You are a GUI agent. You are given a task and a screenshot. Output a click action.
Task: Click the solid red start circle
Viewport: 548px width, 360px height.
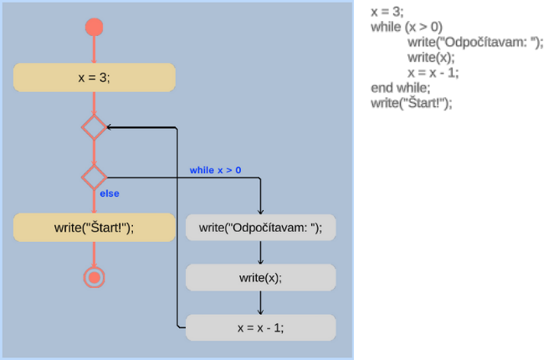click(x=94, y=27)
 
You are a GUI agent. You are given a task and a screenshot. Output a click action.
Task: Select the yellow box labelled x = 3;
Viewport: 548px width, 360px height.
click(x=94, y=77)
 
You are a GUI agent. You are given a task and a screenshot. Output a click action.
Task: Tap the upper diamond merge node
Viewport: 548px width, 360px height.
click(x=94, y=127)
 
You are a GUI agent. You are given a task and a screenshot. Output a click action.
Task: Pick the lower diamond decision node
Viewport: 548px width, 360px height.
click(x=94, y=177)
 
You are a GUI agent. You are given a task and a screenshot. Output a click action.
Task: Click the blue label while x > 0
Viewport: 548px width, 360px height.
click(x=215, y=170)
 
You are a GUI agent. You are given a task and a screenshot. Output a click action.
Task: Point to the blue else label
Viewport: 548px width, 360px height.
click(x=110, y=193)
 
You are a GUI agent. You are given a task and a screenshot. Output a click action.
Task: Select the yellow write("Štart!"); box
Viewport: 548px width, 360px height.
click(x=94, y=227)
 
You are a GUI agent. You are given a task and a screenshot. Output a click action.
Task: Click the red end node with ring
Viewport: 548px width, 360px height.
click(x=94, y=277)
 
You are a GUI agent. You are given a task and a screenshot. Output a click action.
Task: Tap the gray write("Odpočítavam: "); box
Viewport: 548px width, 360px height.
click(x=260, y=227)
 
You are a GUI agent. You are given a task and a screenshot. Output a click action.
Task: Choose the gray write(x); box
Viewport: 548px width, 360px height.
click(x=260, y=277)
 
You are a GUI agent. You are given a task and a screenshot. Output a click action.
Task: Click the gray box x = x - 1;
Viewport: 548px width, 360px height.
click(x=260, y=327)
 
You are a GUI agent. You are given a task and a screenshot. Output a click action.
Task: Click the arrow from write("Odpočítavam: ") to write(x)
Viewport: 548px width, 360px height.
click(x=261, y=252)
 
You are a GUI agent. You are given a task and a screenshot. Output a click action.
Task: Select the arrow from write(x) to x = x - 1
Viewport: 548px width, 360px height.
click(x=261, y=302)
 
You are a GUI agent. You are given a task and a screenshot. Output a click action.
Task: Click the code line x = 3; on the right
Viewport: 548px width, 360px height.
click(x=387, y=12)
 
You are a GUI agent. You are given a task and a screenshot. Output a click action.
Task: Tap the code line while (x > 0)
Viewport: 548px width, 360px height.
click(x=407, y=27)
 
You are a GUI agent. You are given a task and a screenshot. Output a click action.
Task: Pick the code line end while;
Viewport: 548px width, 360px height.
click(x=400, y=87)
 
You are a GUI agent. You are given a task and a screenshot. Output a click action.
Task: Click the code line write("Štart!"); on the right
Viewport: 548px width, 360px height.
click(x=411, y=102)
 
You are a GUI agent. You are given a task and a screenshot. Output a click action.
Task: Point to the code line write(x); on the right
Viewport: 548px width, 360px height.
click(x=431, y=57)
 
